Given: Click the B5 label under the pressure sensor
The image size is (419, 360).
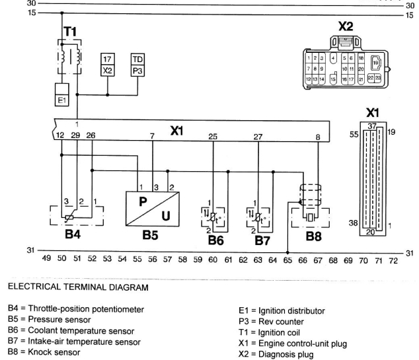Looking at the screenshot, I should [151, 234].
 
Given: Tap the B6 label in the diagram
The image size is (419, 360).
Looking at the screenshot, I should [216, 240].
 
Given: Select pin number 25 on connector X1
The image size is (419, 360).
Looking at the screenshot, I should [213, 136].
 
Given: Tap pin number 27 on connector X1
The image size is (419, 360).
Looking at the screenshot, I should [258, 136].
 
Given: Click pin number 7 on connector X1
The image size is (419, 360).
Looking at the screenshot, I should [153, 136].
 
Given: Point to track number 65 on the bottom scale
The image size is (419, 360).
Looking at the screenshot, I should [287, 261].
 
